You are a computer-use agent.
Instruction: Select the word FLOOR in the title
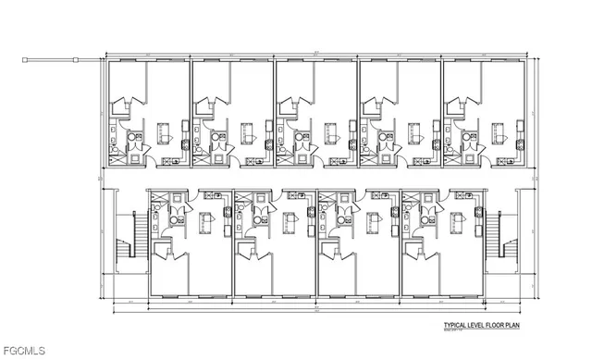[x=507, y=327]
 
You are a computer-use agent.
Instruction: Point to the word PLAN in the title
[x=528, y=327]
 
